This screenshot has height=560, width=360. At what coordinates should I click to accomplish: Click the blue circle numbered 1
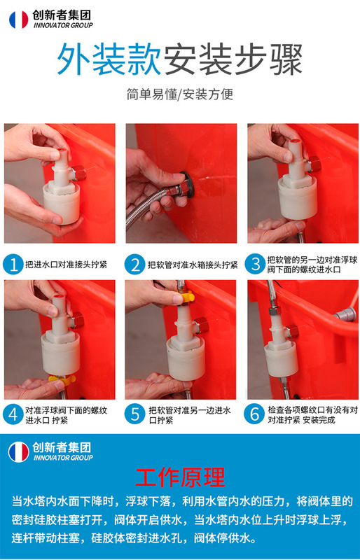point(13,265)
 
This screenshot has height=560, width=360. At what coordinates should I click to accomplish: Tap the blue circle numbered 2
point(135,265)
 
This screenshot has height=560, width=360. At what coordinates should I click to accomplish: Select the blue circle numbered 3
point(256,265)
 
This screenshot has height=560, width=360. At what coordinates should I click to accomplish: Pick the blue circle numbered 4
point(13,414)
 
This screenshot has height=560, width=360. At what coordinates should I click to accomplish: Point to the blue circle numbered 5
point(135,414)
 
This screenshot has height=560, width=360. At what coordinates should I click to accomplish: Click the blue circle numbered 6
point(254,414)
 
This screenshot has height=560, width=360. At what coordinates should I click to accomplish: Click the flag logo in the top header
point(19,20)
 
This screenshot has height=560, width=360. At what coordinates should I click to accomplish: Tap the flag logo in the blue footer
point(19,452)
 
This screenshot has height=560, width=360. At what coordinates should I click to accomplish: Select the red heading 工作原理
point(180,477)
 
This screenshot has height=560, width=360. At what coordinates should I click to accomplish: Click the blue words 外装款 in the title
point(109,59)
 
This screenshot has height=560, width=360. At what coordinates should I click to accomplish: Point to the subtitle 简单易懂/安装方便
point(180,94)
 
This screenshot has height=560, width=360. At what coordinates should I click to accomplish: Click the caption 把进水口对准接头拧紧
point(66,265)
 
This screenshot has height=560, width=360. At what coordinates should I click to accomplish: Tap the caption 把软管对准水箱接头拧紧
point(193,265)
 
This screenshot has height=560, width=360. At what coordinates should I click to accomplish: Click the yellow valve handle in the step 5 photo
point(185,297)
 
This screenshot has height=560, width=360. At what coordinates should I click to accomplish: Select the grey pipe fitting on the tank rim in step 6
point(345,314)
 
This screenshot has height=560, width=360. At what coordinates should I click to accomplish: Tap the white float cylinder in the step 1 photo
point(62,204)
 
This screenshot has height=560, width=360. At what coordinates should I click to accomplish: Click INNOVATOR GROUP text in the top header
point(63,25)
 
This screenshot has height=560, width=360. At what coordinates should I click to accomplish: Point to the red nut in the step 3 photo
point(314,164)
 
